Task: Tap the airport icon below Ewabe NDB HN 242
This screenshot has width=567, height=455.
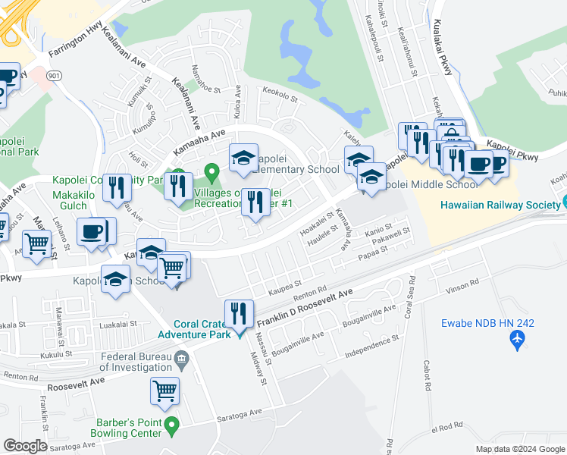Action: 518,339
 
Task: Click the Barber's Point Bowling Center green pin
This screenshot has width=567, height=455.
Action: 172,425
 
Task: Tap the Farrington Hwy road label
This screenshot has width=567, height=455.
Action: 74,44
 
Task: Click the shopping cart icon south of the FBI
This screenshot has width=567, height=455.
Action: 164,391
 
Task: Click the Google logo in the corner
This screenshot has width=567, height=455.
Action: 25,446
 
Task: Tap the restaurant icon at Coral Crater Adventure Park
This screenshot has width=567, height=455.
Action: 239,312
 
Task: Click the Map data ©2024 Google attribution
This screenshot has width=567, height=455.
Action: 519,449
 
